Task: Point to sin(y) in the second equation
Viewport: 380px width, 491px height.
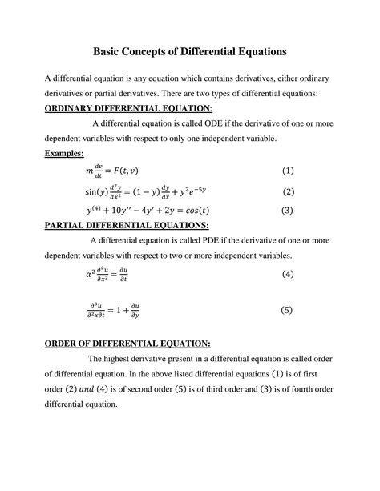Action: pos(98,191)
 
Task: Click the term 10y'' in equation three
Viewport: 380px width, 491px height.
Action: pos(133,211)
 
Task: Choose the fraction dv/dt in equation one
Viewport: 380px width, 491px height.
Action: pos(99,171)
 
